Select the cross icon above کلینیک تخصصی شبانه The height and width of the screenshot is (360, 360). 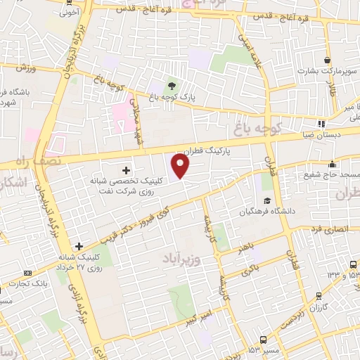126,170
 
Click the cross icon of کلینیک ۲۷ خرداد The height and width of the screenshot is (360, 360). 79,246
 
